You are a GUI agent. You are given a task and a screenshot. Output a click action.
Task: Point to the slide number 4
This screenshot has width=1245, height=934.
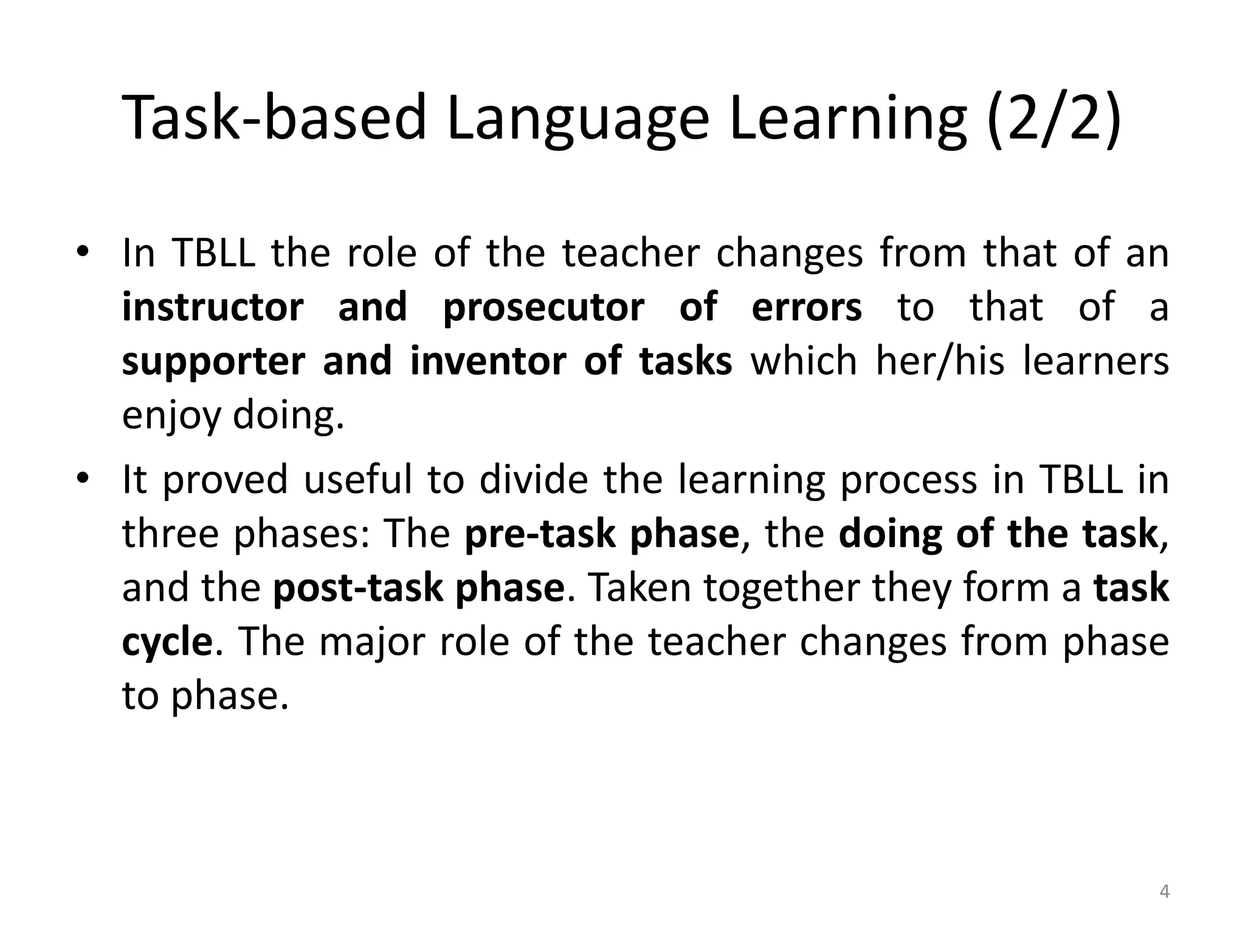pos(1164,892)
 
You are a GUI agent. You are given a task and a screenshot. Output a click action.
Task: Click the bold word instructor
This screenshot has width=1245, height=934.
pos(213,306)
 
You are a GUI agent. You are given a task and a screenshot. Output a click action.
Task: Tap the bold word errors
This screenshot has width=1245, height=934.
pos(807,306)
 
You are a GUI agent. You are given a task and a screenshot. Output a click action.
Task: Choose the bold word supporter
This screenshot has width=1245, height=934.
pos(213,361)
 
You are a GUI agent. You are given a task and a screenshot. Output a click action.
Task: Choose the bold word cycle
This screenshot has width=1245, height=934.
pos(167,642)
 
